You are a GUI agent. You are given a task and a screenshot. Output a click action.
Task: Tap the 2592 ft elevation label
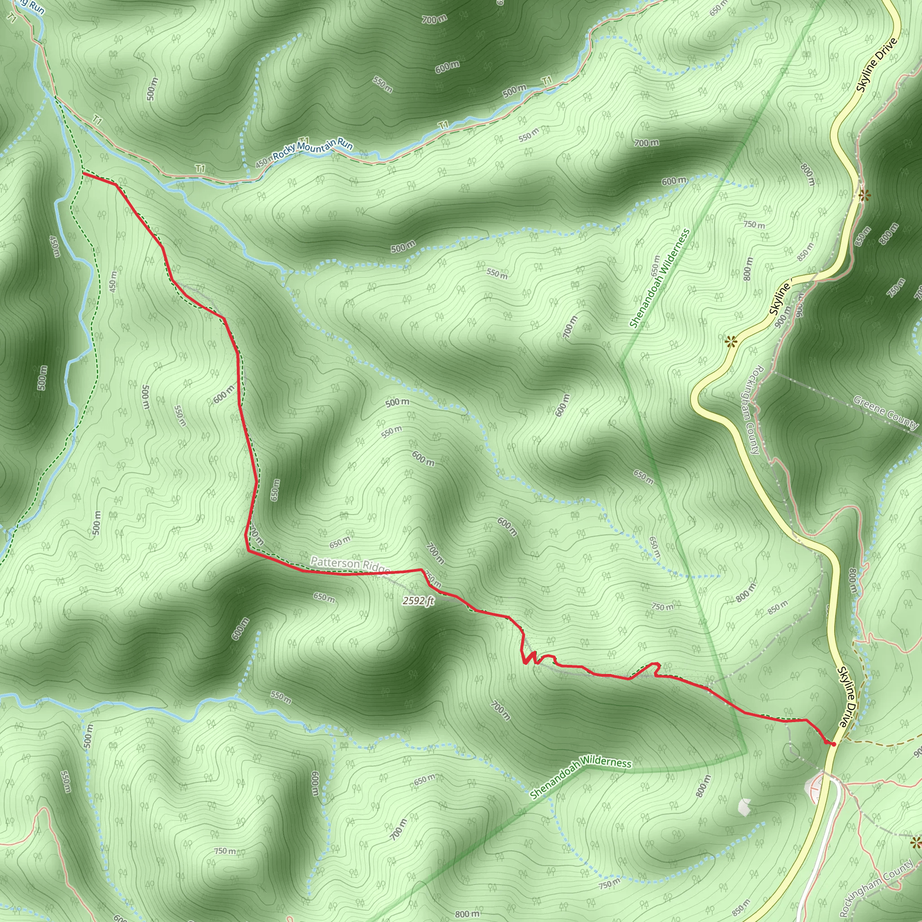(x=418, y=601)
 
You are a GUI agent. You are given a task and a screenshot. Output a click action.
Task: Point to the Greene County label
(x=886, y=412)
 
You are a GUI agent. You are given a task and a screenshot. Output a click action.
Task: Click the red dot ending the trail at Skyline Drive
(x=833, y=744)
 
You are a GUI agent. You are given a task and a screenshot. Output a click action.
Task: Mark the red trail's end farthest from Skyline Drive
(x=84, y=174)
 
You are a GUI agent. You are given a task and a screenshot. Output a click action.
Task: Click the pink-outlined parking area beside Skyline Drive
(x=817, y=789)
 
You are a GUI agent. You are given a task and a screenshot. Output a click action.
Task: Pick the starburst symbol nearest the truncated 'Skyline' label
(x=730, y=341)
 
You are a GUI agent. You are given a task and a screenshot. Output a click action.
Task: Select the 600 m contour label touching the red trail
(x=224, y=394)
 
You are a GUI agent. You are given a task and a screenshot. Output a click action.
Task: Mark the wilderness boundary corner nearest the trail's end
(x=746, y=753)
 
